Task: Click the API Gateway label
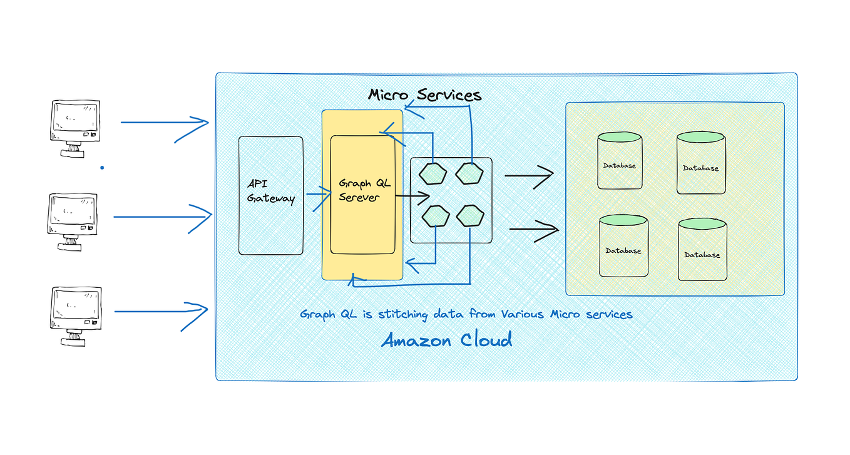(x=270, y=191)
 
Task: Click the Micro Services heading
(x=424, y=95)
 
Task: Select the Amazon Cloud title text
(x=447, y=340)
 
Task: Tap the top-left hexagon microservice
(x=433, y=174)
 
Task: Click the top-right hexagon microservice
(x=469, y=173)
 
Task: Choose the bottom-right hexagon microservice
(x=470, y=217)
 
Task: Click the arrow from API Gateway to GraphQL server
(x=317, y=195)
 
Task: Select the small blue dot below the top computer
(x=102, y=168)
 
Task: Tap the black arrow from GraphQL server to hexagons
(x=413, y=197)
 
